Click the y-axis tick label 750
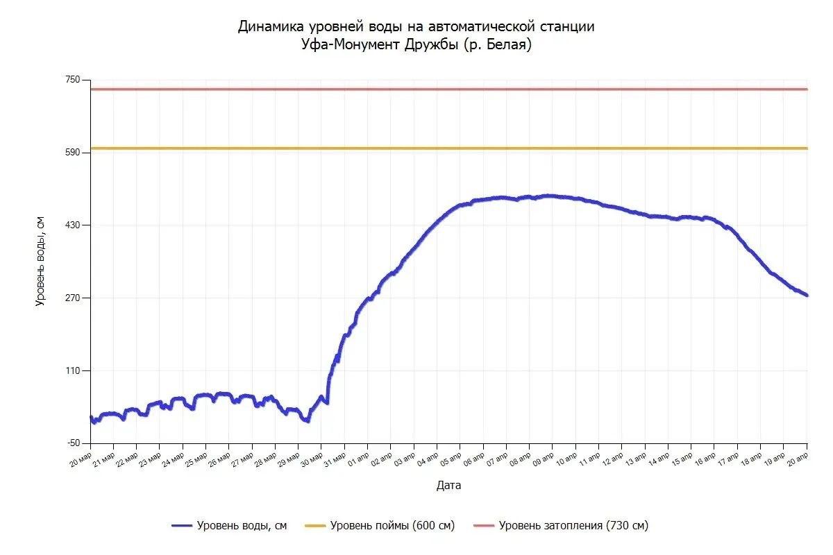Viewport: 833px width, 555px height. coord(72,80)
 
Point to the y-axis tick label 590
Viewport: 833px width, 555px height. coord(72,153)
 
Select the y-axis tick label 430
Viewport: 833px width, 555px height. coord(72,225)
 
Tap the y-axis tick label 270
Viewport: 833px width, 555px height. coord(72,298)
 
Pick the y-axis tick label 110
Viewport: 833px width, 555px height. coord(72,371)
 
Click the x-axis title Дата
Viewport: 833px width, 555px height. coord(448,486)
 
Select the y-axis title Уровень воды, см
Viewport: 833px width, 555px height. coord(40,261)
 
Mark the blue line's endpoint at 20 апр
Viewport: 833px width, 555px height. coord(807,296)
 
